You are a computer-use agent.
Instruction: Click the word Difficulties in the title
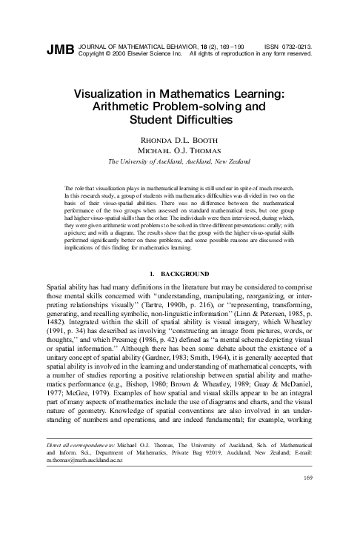(209, 121)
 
